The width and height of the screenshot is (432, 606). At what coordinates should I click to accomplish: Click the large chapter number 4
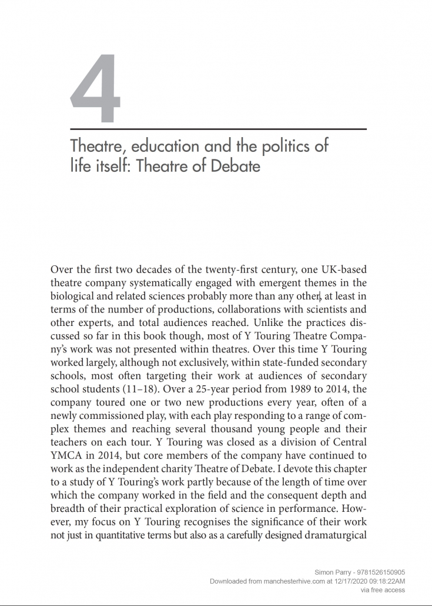tap(96, 89)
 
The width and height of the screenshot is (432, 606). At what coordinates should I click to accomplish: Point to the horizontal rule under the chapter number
tap(218, 128)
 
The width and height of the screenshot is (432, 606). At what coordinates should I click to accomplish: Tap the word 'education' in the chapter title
tap(153, 146)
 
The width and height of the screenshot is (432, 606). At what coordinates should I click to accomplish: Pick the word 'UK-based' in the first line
tap(342, 270)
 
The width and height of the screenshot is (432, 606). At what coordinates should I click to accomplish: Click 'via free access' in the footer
tap(383, 589)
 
